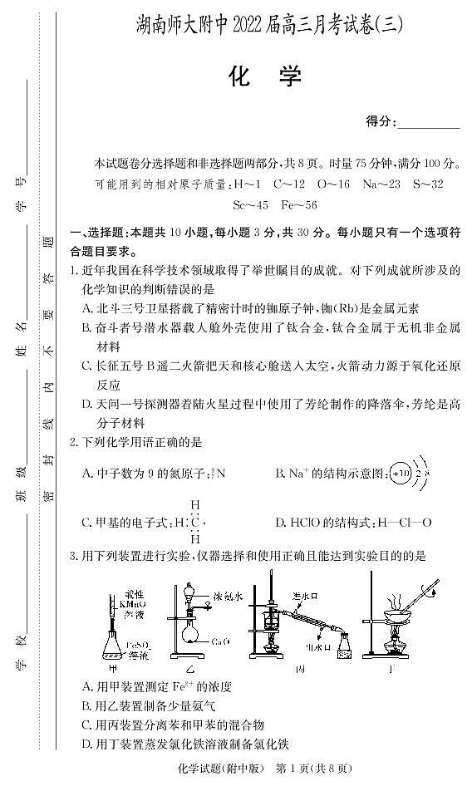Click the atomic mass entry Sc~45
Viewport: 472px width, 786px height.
click(251, 204)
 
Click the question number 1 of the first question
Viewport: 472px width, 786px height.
click(74, 271)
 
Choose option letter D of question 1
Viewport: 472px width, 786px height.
click(87, 404)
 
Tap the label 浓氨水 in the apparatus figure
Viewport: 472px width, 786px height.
click(227, 597)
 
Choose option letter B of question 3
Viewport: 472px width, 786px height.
click(87, 705)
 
